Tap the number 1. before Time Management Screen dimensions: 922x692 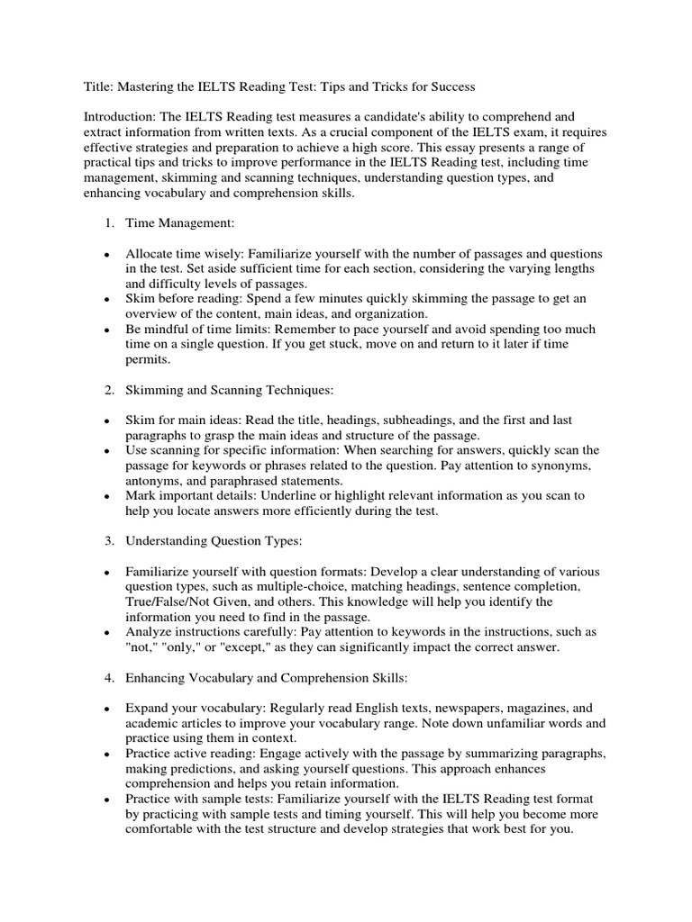click(108, 222)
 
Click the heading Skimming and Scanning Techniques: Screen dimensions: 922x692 click(230, 390)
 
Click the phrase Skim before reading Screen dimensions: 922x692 click(183, 299)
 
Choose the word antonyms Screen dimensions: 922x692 click(157, 481)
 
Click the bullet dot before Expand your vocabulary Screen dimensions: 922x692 click(107, 710)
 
